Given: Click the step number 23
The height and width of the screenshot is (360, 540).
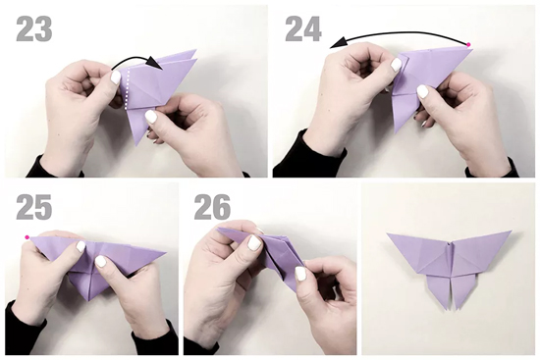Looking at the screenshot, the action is (34, 29).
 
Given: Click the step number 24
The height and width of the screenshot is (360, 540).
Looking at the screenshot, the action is (303, 29).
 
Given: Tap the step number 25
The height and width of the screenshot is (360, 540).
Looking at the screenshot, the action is (34, 207).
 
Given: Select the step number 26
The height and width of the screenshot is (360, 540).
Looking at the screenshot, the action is (212, 207).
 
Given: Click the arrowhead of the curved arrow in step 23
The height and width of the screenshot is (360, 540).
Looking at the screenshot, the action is (154, 64).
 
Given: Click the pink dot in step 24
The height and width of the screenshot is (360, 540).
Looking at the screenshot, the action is (468, 45).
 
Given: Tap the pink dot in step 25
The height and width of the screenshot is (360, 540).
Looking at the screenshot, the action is (27, 237).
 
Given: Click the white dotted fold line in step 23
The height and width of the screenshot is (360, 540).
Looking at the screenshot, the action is (127, 89).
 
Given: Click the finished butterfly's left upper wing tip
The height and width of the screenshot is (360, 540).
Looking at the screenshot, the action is (388, 234).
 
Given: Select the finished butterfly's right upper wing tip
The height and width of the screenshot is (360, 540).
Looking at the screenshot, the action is (510, 231).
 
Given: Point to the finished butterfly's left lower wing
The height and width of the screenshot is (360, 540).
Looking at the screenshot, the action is (438, 289).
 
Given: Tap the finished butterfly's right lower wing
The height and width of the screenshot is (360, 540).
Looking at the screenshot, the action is (462, 289).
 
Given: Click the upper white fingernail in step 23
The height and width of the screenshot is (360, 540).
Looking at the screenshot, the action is (115, 77).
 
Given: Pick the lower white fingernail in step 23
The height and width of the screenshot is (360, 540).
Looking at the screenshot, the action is (151, 117).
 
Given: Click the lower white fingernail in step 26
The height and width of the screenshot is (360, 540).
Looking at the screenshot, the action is (300, 275).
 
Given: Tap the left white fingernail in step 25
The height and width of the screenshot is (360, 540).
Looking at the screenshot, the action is (81, 246).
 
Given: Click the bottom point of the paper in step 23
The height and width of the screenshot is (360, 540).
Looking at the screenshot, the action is (137, 145).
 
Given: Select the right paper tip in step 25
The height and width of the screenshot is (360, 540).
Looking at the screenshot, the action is (165, 254).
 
